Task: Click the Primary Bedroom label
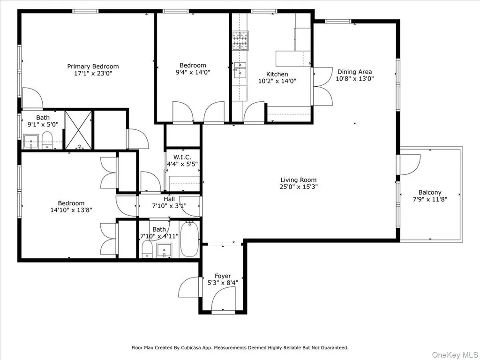[x=93, y=67]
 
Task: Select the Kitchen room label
[x=277, y=74]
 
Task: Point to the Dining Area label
[x=354, y=72]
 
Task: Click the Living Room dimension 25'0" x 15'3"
[x=299, y=187]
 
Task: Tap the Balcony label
[x=430, y=193]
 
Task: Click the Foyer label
[x=223, y=276]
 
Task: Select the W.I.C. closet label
[x=182, y=157]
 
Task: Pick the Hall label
[x=169, y=199]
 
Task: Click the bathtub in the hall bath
[x=189, y=239]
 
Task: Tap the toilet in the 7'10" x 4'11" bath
[x=147, y=249]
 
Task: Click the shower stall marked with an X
[x=78, y=130]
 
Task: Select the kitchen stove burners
[x=240, y=41]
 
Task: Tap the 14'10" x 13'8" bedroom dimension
[x=71, y=210]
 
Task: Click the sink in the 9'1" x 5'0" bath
[x=30, y=142]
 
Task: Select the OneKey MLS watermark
[x=455, y=355]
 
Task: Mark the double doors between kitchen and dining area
[x=322, y=86]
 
